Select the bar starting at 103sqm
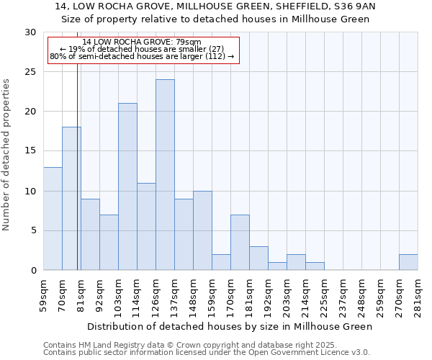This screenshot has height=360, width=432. point(127,187)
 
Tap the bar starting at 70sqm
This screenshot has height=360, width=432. point(71,199)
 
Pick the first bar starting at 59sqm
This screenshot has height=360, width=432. point(53,219)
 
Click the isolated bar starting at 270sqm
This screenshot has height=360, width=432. point(408,262)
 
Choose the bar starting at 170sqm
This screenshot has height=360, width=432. point(240,243)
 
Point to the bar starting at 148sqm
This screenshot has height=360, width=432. point(202,231)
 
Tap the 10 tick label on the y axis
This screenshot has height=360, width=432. point(31,192)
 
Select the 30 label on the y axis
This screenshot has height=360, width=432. point(31,32)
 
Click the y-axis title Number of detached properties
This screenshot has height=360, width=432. point(7,154)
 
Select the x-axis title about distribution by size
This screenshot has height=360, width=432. point(230,327)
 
